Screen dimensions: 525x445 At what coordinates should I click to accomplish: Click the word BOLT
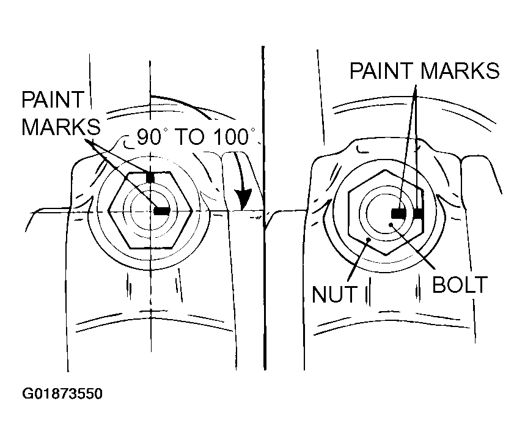pos(460,285)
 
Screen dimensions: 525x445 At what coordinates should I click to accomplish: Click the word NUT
pos(334,294)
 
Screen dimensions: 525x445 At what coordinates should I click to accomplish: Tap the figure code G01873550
pos(62,394)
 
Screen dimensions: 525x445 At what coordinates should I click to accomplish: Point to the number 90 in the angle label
pos(149,136)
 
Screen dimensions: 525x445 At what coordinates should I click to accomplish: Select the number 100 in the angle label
pos(230,136)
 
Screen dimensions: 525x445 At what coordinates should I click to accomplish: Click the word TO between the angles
pos(190,136)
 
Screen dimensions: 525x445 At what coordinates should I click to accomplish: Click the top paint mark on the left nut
pos(150,177)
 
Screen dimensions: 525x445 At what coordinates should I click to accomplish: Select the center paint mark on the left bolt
pos(162,211)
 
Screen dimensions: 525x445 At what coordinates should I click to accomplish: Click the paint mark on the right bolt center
pos(398,213)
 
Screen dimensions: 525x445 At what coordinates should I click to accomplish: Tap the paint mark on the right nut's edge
pos(418,213)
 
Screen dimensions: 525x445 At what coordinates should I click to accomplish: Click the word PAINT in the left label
pos(53,100)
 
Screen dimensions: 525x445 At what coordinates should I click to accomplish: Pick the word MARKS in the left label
pos(61,127)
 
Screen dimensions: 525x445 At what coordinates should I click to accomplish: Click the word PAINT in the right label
pos(381,71)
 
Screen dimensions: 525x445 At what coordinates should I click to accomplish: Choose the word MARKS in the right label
pos(460,71)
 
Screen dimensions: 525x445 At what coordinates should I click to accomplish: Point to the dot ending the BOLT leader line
pos(390,224)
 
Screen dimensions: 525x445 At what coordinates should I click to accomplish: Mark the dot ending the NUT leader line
pos(368,240)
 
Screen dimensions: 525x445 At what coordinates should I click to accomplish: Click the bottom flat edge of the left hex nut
pos(150,248)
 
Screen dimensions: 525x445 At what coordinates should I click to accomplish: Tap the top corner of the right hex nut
pos(386,170)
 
